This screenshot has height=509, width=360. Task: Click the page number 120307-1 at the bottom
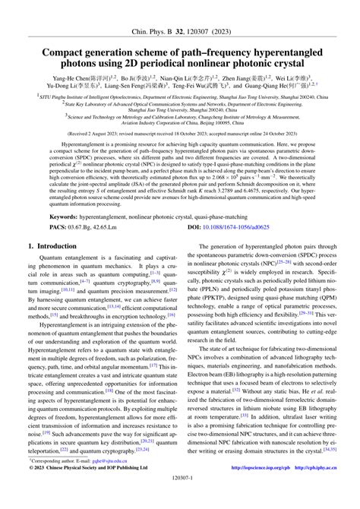[x=179, y=501]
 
